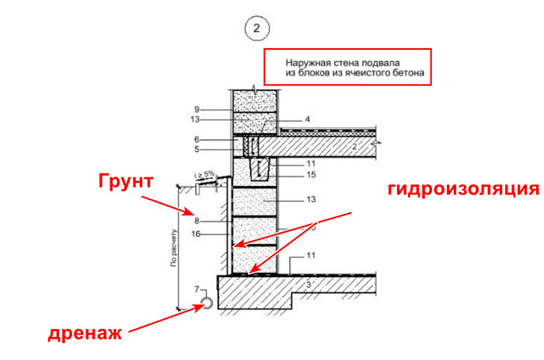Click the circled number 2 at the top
[257, 30]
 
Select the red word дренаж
[85, 334]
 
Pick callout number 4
[308, 119]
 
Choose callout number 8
[198, 222]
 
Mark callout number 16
[197, 232]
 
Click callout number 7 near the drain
[197, 289]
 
